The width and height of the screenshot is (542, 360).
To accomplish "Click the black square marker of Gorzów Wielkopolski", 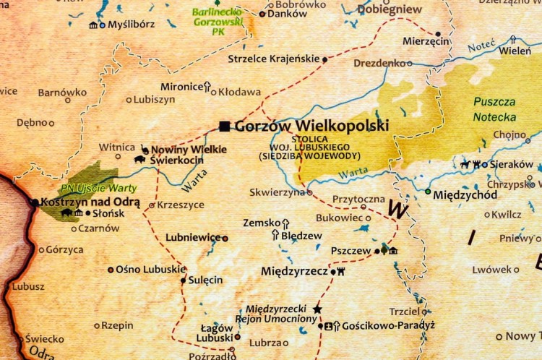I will (x=225, y=127).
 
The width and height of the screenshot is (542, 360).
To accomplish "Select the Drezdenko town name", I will (x=379, y=64).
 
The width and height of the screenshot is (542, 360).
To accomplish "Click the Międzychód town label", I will (x=465, y=194).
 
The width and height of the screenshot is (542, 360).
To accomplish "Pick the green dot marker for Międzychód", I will (x=428, y=192).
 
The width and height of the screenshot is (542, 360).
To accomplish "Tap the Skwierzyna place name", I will (x=278, y=193).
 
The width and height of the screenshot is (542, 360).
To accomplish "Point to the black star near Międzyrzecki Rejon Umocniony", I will (x=317, y=309).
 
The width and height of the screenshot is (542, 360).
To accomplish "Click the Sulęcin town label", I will (x=206, y=280).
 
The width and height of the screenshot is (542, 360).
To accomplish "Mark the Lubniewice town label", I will (x=193, y=237).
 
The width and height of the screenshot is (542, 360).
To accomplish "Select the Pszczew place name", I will (x=350, y=251).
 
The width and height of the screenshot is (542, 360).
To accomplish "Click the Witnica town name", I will (x=117, y=147).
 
